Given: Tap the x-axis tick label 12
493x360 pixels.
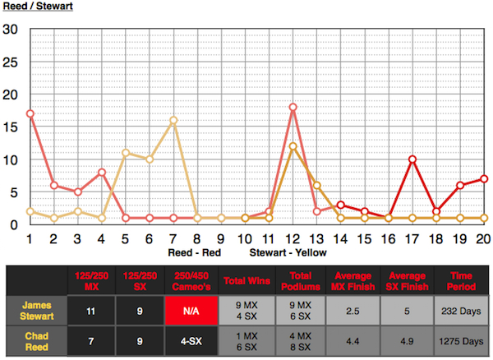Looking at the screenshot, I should click(x=293, y=238).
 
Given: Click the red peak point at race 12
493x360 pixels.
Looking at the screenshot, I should click(x=293, y=107).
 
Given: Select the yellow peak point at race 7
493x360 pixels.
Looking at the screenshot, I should click(x=173, y=120).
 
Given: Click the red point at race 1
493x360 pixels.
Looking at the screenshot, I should click(x=30, y=113).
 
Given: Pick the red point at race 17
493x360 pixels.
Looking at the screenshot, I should click(x=412, y=159).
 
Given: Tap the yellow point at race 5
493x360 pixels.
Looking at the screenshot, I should click(x=126, y=152).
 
